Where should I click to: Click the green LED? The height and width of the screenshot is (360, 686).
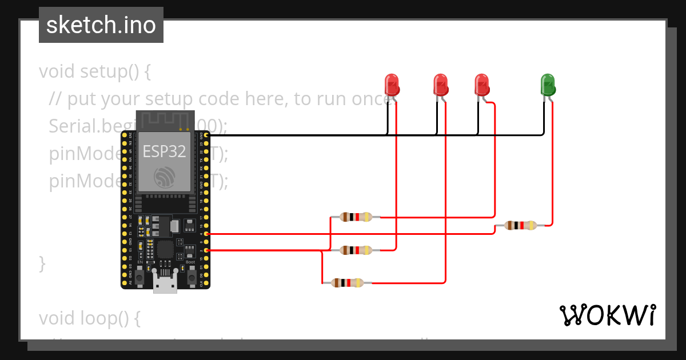547,85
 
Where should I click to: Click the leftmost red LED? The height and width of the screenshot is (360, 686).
392,85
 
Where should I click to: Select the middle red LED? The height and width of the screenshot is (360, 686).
440,85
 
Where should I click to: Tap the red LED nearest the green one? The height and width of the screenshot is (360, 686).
482,85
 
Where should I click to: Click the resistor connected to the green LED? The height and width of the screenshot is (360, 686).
520,225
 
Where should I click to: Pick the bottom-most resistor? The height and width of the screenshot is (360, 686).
346,282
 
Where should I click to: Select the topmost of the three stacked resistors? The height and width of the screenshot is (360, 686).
355,217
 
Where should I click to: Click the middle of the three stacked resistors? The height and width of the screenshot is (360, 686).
355,250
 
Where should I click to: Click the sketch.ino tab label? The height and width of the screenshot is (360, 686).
101,25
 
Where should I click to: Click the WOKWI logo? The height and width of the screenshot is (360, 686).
607,315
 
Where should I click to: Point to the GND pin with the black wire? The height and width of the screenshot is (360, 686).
206,135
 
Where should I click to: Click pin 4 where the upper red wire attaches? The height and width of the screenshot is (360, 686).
206,234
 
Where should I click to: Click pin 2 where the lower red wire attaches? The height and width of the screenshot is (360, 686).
206,250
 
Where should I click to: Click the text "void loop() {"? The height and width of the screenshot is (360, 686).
89,318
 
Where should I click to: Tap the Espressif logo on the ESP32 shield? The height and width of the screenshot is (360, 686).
165,177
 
